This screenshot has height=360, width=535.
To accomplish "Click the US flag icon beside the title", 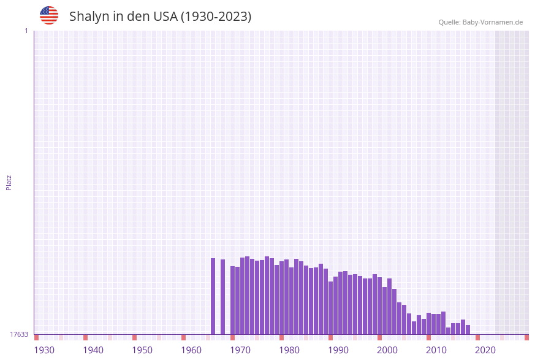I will click(49, 15).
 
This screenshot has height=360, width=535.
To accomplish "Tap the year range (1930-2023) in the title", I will click(216, 17).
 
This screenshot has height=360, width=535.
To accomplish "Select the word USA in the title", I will click(165, 17).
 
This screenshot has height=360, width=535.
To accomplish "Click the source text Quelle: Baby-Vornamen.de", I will click(480, 22).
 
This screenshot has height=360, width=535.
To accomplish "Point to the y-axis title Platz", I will click(9, 183).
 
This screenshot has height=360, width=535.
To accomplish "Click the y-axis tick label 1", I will click(26, 31).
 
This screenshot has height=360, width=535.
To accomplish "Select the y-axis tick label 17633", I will click(19, 334).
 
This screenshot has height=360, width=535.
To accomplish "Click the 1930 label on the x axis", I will click(44, 350).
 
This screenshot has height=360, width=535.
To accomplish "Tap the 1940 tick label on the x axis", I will click(93, 350).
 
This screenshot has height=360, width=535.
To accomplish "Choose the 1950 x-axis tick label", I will click(142, 350).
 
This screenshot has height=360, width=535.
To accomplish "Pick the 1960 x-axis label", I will click(191, 350).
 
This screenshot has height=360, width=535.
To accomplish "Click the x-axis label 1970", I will click(240, 350).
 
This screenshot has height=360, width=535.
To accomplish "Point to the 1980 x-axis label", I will click(289, 350).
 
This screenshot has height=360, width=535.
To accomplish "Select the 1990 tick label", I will click(338, 350).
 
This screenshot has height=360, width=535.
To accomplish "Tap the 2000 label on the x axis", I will click(387, 350).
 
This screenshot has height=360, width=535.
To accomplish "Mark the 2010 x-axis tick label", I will click(436, 350).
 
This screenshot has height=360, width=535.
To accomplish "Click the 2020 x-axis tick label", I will click(485, 350).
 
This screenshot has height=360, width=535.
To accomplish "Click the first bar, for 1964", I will click(213, 296).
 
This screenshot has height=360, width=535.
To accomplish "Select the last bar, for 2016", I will click(468, 330).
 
